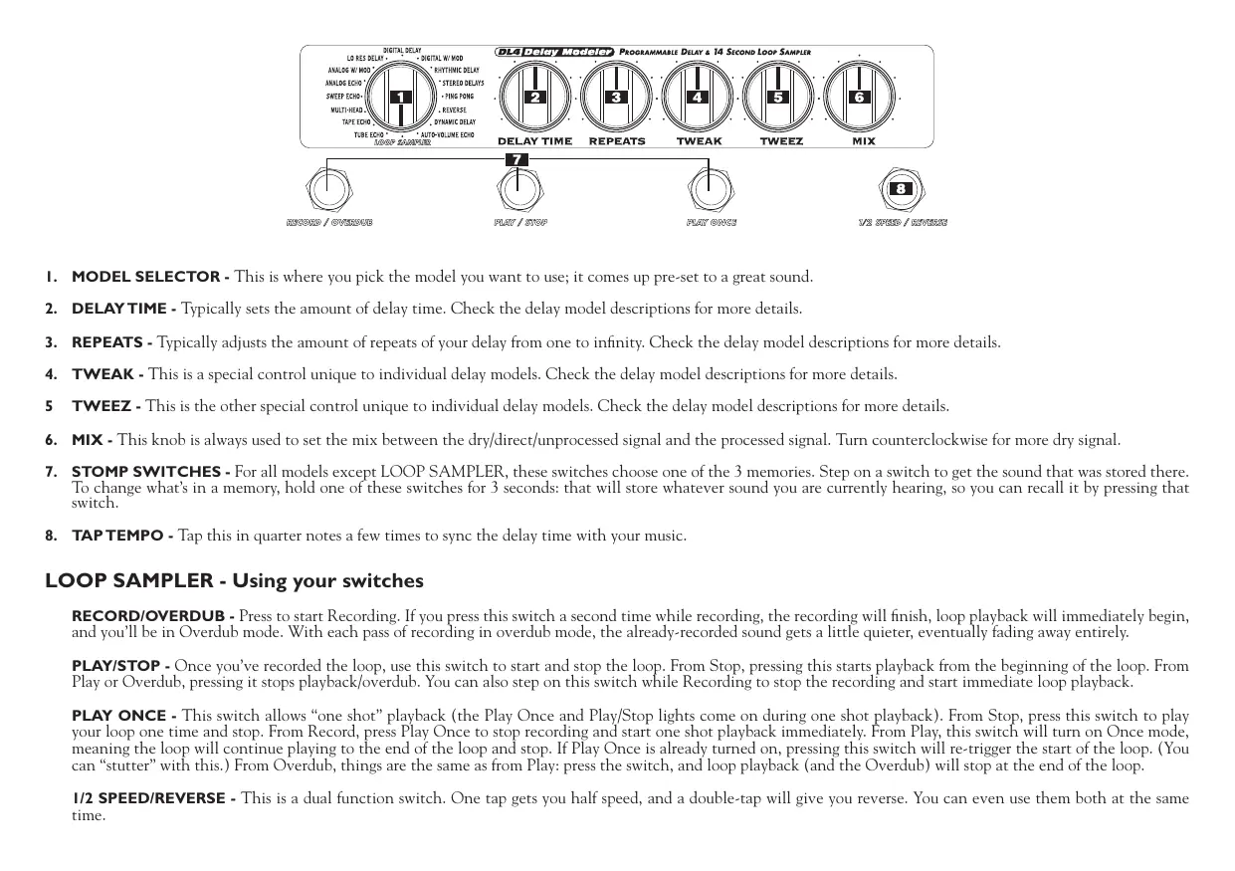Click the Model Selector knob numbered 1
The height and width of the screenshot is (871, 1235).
[401, 98]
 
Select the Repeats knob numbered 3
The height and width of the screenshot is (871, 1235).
[617, 98]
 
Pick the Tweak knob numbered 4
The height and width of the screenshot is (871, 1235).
[699, 98]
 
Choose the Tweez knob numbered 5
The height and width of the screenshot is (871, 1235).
[779, 98]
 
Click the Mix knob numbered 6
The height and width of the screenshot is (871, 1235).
[860, 98]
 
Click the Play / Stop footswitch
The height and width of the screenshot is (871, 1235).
[520, 188]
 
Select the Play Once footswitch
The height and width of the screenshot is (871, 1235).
[711, 188]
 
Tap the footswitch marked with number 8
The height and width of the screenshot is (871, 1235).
[901, 188]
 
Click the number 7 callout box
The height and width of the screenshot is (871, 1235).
[515, 159]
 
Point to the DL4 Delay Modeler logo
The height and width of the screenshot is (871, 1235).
[554, 52]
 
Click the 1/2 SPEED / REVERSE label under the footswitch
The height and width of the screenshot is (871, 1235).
[903, 223]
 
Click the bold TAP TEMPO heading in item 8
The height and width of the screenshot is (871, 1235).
[122, 537]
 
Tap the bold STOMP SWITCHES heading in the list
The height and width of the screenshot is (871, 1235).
[150, 471]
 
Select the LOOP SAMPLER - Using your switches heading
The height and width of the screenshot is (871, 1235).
[234, 580]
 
